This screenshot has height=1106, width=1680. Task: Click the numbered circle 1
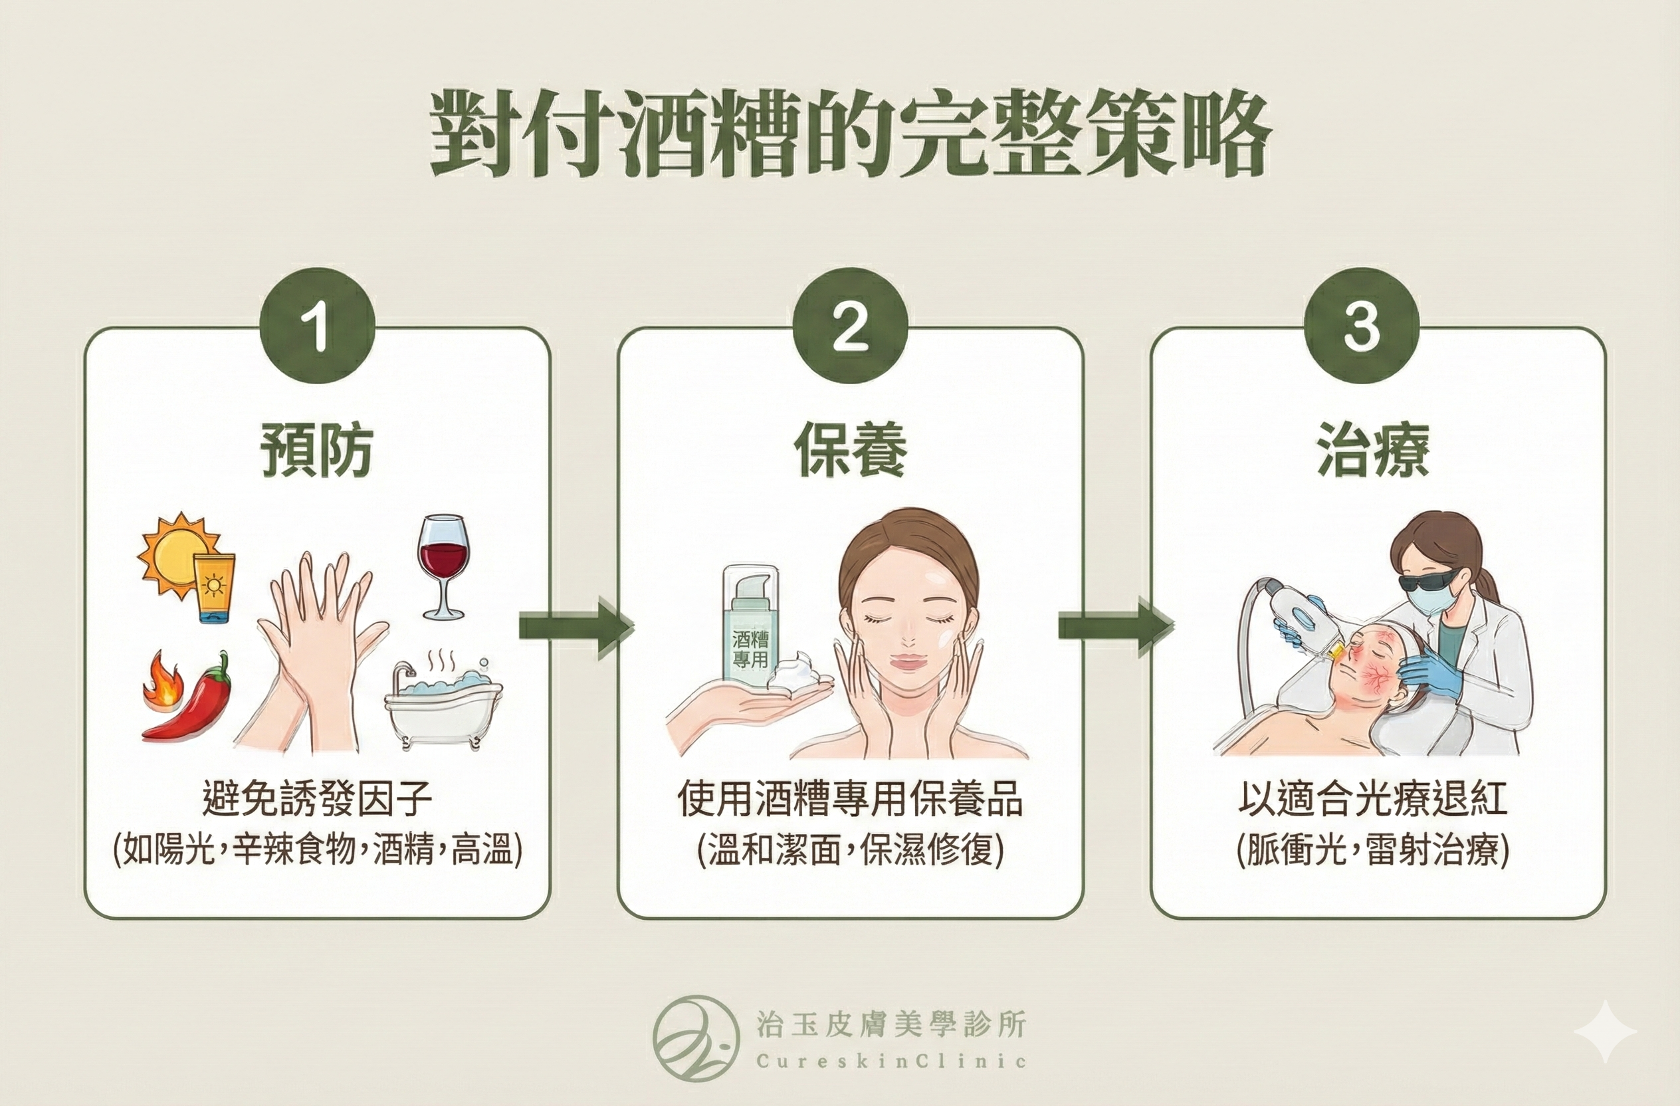point(317,327)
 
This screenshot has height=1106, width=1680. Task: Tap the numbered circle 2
point(850,327)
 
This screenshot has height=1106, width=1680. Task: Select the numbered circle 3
point(1361,327)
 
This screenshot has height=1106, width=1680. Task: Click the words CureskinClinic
point(891,1061)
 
